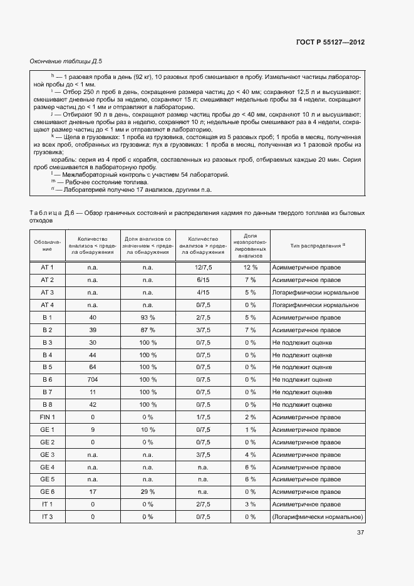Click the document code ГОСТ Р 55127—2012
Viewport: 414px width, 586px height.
[x=330, y=42]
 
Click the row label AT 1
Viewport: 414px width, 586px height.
[x=47, y=268]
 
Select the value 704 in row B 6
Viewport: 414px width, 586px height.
[x=93, y=380]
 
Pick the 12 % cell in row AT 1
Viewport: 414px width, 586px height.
[x=251, y=268]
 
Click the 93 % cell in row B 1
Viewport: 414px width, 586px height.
[x=148, y=317]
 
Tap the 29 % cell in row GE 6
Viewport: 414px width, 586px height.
[x=148, y=492]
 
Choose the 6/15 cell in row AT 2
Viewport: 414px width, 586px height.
[x=202, y=280]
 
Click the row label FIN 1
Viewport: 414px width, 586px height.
[x=47, y=417]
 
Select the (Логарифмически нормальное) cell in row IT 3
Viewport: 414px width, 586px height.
[x=318, y=516]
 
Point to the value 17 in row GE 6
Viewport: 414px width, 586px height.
[x=93, y=492]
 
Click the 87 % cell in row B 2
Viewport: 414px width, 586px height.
[x=148, y=330]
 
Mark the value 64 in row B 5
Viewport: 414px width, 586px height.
[x=93, y=367]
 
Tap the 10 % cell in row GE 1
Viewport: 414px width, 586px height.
[x=148, y=429]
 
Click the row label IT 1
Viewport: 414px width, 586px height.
[x=47, y=504]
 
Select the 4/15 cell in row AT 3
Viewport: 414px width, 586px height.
[x=202, y=293]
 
